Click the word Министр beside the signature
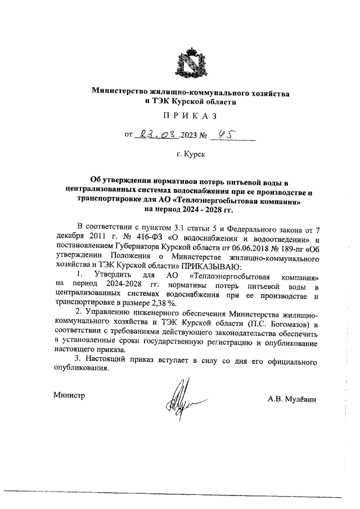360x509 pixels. point(69,395)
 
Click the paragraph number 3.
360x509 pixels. point(78,358)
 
